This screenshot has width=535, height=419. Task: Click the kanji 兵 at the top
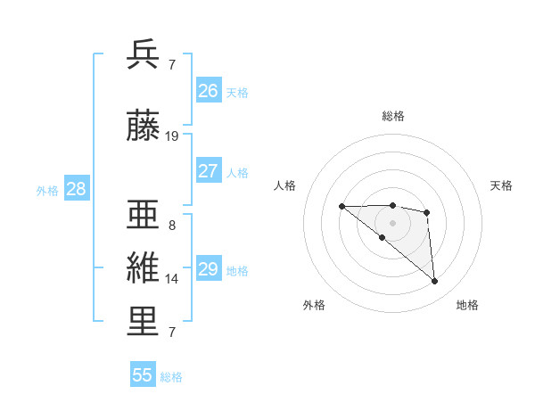tap(144, 55)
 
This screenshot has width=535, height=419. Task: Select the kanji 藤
tap(144, 127)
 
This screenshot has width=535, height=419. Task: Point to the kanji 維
tap(144, 268)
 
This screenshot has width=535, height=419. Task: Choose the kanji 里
tap(144, 322)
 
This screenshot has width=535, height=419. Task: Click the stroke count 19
tap(172, 136)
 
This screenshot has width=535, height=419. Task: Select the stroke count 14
tap(172, 279)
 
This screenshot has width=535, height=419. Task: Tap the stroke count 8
tap(172, 226)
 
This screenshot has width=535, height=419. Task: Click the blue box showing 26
tap(209, 91)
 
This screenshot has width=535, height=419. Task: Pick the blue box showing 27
tap(209, 171)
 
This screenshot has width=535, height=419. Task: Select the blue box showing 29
tap(209, 269)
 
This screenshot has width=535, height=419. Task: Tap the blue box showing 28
tap(76, 189)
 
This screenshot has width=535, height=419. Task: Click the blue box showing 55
tap(143, 375)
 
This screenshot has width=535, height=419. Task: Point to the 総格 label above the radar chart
tap(393, 116)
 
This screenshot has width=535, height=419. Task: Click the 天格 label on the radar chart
tap(501, 185)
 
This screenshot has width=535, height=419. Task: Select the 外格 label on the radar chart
tap(313, 305)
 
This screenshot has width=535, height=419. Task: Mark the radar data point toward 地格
tap(434, 282)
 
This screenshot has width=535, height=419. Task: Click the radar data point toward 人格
tap(342, 207)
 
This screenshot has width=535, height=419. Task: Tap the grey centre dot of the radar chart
tap(393, 222)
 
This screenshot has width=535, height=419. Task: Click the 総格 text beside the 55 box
tap(171, 377)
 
